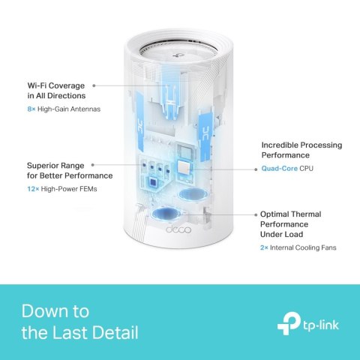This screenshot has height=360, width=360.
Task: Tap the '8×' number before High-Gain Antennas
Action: tap(31, 109)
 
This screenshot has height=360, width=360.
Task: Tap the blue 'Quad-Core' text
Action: tap(277, 169)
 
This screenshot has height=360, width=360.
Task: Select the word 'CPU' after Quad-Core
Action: tap(304, 169)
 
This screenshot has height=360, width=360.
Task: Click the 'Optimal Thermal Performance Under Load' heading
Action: tap(288, 223)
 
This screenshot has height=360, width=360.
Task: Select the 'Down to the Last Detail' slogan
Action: tap(79, 320)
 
